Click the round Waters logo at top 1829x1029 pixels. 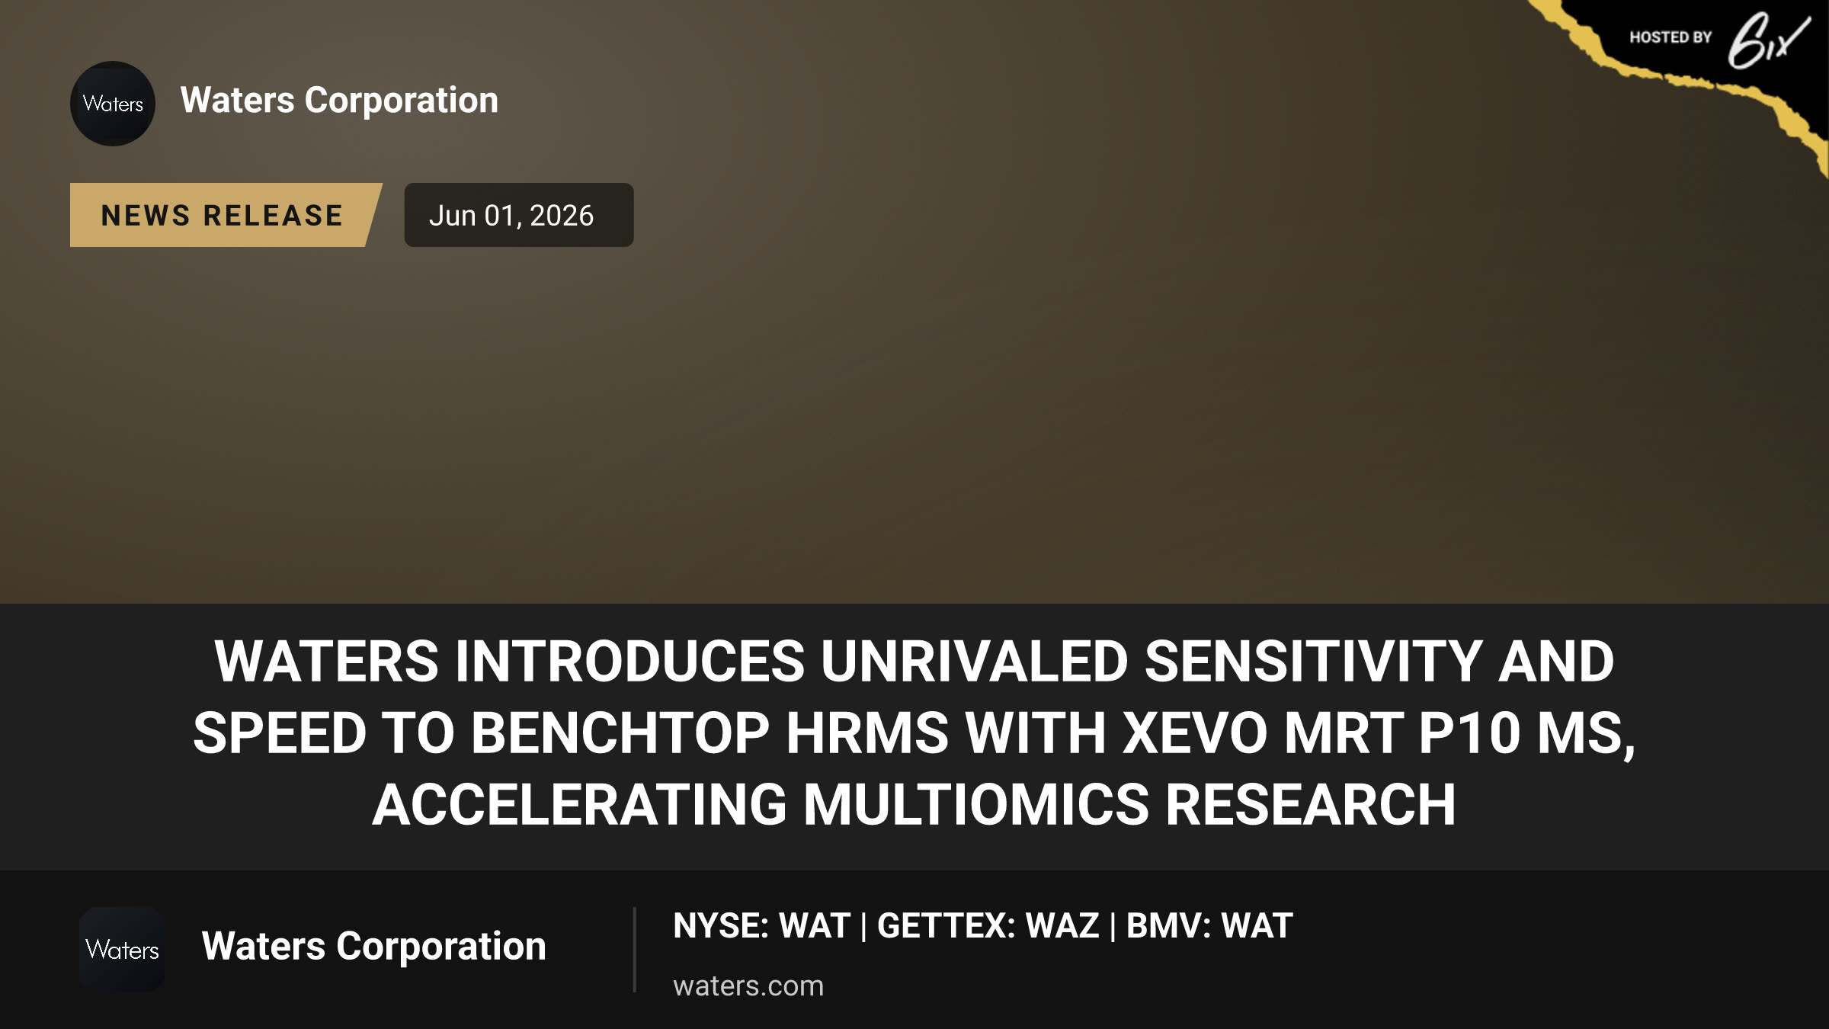(x=113, y=104)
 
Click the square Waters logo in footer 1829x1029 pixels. (x=122, y=950)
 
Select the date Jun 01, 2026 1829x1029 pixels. (x=511, y=216)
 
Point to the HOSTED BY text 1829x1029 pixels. (x=1670, y=37)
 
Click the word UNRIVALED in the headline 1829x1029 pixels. (x=974, y=661)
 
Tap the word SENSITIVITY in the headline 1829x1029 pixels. (x=1313, y=661)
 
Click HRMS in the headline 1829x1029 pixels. (x=867, y=732)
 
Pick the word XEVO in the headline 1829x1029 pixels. (x=1195, y=732)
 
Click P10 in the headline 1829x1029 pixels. (x=1469, y=732)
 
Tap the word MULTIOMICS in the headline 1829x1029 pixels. (x=976, y=804)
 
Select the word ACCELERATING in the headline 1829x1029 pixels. (x=580, y=804)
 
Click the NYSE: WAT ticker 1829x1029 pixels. (x=761, y=925)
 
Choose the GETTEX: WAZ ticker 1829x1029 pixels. (x=988, y=925)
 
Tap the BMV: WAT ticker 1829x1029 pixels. (x=1209, y=925)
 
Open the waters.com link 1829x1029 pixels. (x=748, y=986)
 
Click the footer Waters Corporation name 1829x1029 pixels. (x=373, y=946)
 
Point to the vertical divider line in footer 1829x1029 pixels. (x=634, y=950)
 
